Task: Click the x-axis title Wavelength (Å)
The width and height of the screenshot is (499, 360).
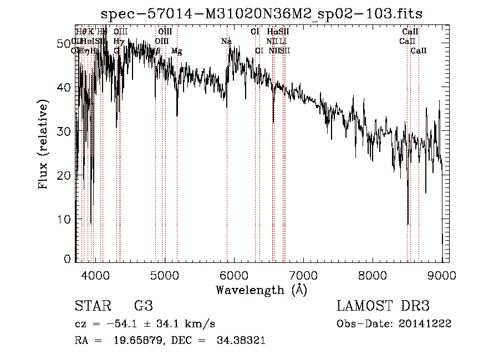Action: coord(261,290)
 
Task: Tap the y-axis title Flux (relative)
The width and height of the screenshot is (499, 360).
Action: coord(43,144)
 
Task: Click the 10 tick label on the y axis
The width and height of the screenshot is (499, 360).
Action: coord(64,219)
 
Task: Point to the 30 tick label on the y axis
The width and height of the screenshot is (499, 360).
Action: coord(64,131)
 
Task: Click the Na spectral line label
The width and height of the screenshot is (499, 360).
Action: coord(226,41)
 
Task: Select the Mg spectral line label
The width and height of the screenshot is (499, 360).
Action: coord(176,51)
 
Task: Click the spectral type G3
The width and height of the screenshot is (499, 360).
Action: coord(144,306)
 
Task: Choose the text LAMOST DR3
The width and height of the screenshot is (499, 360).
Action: coord(383,306)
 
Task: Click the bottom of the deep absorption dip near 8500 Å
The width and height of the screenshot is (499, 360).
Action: coord(408,225)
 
